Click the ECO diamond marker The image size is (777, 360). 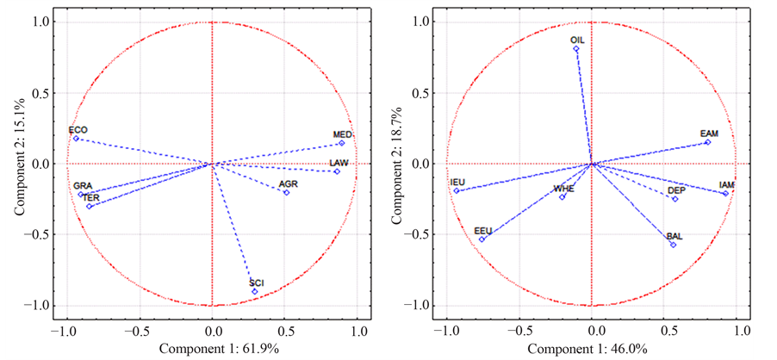pyautogui.click(x=76, y=139)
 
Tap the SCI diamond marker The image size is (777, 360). pyautogui.click(x=254, y=291)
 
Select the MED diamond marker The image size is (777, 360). pyautogui.click(x=341, y=143)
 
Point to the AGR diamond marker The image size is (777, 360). pyautogui.click(x=287, y=193)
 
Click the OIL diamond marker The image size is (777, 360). pyautogui.click(x=576, y=49)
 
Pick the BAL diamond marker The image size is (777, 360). pyautogui.click(x=674, y=245)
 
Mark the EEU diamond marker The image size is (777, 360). pyautogui.click(x=482, y=239)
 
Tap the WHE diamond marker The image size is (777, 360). pyautogui.click(x=563, y=197)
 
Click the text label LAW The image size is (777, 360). pyautogui.click(x=339, y=163)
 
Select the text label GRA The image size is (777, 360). pyautogui.click(x=83, y=186)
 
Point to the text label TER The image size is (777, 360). pyautogui.click(x=90, y=197)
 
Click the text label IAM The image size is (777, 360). pyautogui.click(x=727, y=185)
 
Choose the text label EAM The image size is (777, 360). pyautogui.click(x=709, y=133)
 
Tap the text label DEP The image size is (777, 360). pyautogui.click(x=676, y=190)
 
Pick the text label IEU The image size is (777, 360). pyautogui.click(x=457, y=183)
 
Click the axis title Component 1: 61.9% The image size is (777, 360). pyautogui.click(x=211, y=349)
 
